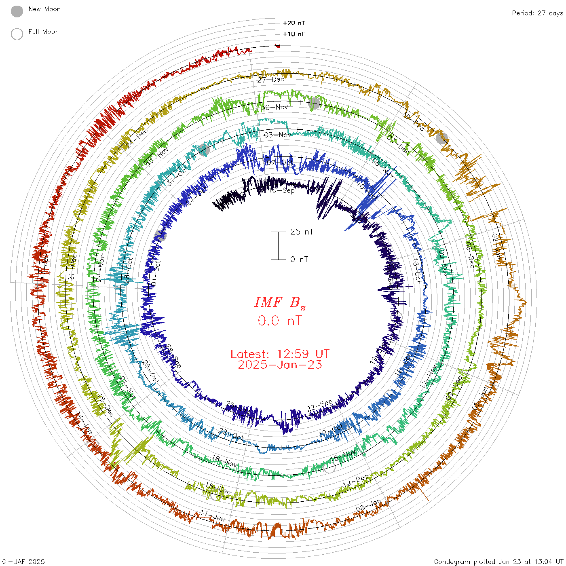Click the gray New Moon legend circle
coord(17,11)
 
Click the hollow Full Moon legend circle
coord(17,34)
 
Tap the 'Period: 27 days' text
coord(537,13)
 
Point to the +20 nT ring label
coord(294,23)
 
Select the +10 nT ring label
coord(294,34)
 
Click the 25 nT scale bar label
coord(302,232)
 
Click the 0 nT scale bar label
coord(299,259)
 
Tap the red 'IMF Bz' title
coord(280,302)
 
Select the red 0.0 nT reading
coord(280,321)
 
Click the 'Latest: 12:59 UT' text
coord(280,354)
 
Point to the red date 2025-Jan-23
coord(280,365)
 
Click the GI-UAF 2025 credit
coord(23,562)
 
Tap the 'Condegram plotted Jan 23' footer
coord(498,562)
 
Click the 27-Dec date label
coord(271,80)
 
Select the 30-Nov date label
coord(275,107)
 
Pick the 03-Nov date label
coord(277,135)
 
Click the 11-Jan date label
coord(213,515)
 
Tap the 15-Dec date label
coord(218,488)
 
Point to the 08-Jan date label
coord(368,505)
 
